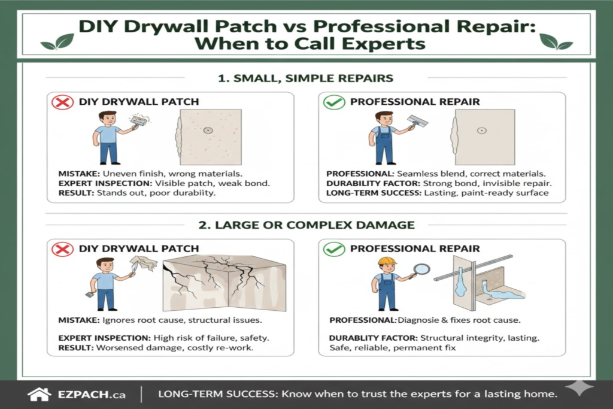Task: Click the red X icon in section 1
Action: pyautogui.click(x=62, y=102)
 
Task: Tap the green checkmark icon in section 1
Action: pyautogui.click(x=333, y=102)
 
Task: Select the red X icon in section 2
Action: pyautogui.click(x=62, y=249)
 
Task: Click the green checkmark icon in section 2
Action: pyautogui.click(x=333, y=249)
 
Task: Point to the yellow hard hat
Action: pyautogui.click(x=387, y=261)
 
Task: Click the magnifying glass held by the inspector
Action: pyautogui.click(x=421, y=269)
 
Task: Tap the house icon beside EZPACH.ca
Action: pyautogui.click(x=40, y=394)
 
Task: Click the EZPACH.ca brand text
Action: pyautogui.click(x=92, y=395)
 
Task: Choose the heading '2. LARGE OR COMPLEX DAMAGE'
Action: pyautogui.click(x=306, y=225)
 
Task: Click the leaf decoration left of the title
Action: pyautogui.click(x=58, y=42)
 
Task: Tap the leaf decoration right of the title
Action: pyautogui.click(x=555, y=42)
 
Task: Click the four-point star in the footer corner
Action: pyautogui.click(x=578, y=387)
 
